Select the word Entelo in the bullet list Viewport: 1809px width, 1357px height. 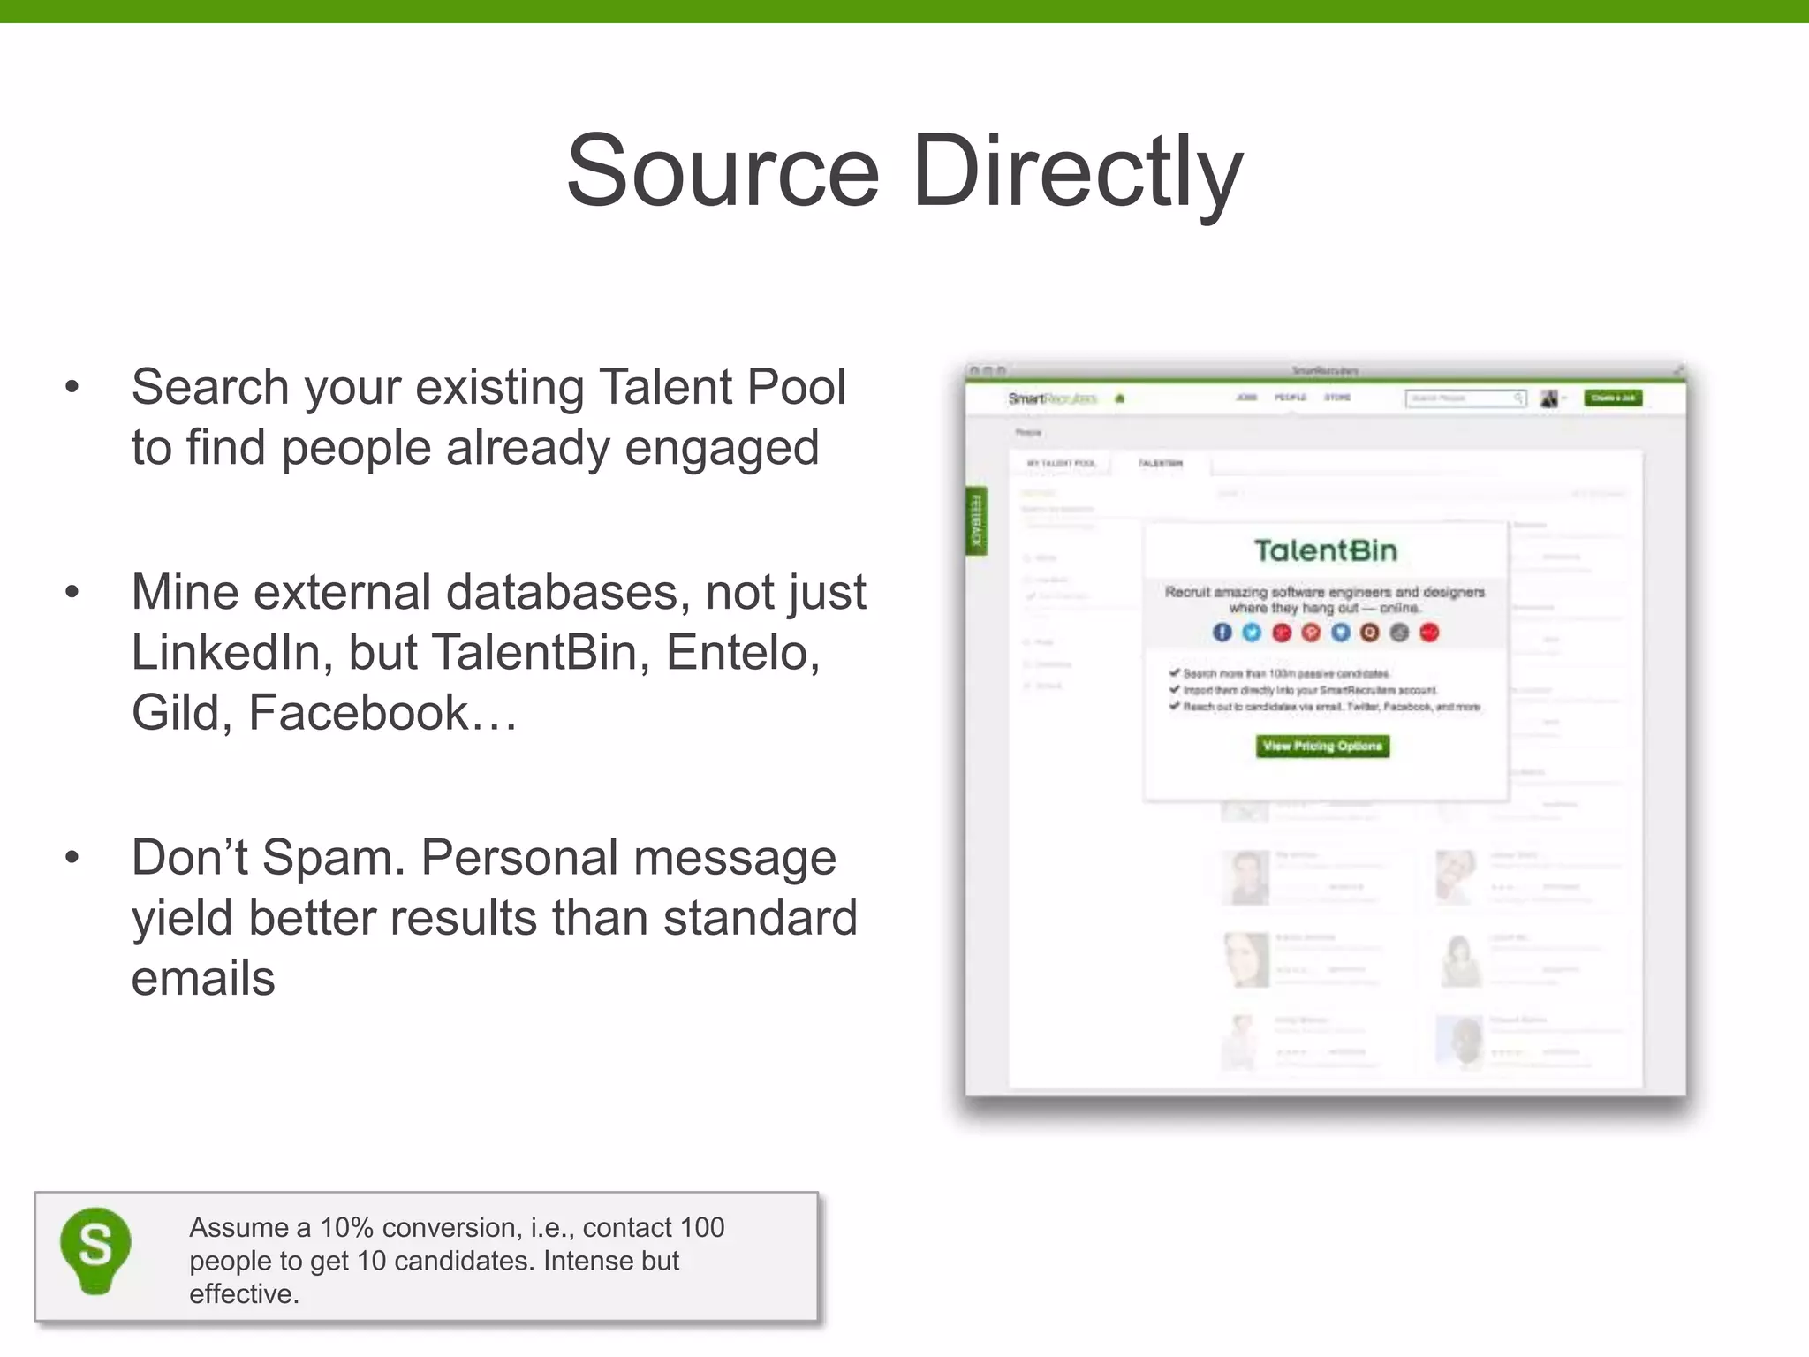coord(742,653)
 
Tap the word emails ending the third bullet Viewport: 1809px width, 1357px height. coord(203,979)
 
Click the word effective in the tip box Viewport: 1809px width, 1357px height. coord(242,1294)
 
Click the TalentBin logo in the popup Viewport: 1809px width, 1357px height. coord(1326,551)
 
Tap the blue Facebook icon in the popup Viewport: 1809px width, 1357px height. coord(1222,633)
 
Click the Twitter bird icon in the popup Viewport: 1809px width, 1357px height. coord(1252,633)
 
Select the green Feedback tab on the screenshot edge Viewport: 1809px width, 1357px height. coord(976,521)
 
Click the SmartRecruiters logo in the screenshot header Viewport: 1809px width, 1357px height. coord(1052,398)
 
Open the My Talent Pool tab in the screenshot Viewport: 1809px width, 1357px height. coord(1061,463)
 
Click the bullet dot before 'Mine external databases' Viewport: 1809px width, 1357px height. coord(72,592)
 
